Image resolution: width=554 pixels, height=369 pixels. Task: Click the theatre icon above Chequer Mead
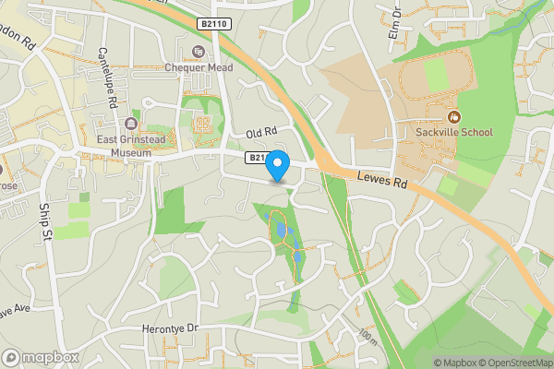coord(197,51)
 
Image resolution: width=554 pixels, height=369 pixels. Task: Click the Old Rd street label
coord(261,135)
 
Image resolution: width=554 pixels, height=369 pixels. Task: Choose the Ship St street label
coord(46,223)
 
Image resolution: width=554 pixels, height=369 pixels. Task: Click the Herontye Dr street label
coord(166,327)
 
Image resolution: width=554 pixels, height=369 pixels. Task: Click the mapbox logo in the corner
coord(42,357)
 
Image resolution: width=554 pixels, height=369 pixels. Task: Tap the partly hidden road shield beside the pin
coord(256,159)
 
